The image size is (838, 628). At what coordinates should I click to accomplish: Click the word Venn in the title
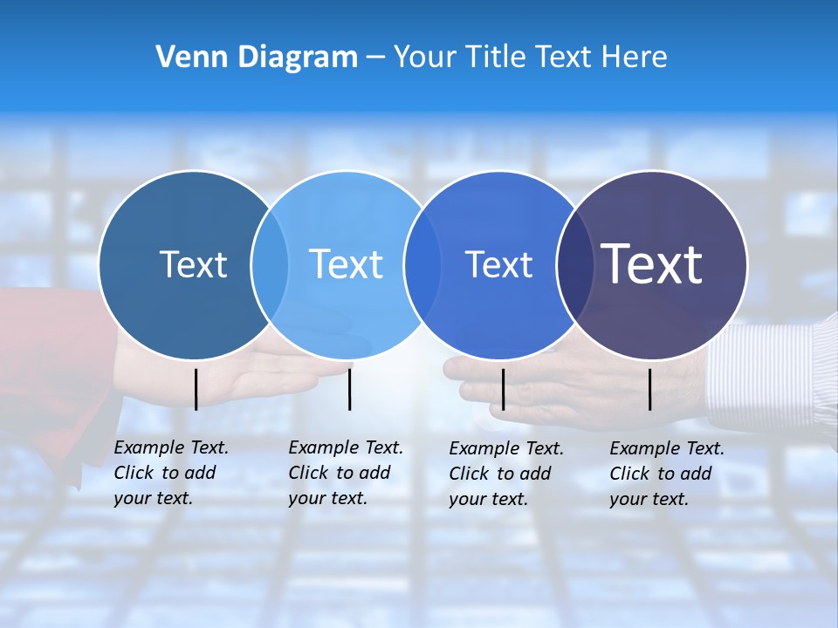[185, 58]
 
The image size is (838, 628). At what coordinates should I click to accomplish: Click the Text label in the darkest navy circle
[652, 263]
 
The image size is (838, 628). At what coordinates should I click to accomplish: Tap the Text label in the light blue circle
[347, 264]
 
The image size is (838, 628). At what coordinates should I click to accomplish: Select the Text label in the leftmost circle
[193, 264]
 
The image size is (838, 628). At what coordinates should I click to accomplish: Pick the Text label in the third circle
[498, 264]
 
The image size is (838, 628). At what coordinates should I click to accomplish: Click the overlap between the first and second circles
[270, 264]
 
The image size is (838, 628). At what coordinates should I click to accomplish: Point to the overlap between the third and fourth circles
[574, 264]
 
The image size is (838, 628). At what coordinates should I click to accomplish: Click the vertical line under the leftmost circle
[196, 389]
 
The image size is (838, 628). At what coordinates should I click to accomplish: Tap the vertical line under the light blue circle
[349, 389]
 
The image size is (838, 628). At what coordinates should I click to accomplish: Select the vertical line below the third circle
[503, 389]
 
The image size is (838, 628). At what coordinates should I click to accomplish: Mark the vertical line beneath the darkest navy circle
[650, 389]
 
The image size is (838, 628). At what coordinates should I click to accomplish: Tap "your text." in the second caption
[327, 498]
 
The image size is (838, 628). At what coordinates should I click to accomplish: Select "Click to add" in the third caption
[500, 474]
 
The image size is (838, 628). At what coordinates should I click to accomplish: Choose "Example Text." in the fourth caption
[667, 448]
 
